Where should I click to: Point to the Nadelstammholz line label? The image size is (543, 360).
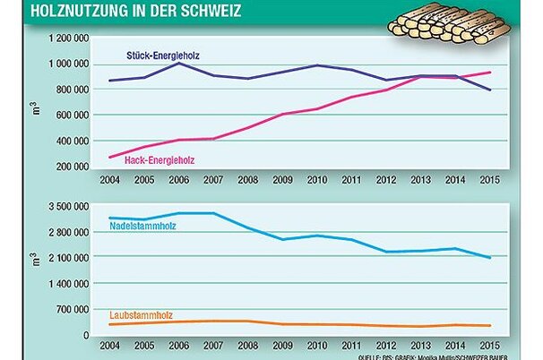point(143,225)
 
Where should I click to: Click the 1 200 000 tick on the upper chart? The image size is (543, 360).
point(66,39)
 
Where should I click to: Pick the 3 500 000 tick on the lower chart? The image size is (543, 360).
point(66,206)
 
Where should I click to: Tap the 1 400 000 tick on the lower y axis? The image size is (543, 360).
point(66,283)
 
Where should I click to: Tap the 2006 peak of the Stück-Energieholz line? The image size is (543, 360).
point(180,64)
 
